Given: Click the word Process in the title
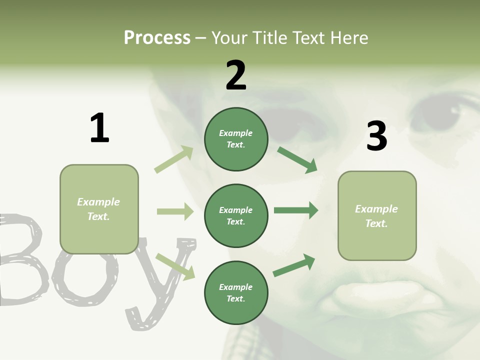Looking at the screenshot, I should coord(157,37).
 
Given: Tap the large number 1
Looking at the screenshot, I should coord(99,128).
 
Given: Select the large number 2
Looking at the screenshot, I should coord(236,75).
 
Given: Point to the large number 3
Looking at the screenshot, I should coord(376,136).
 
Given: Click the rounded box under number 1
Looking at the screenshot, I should coord(99,209).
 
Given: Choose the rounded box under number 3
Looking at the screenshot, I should coord(377,215).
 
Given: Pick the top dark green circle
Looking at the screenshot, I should coord(236,139).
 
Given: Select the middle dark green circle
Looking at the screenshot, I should coord(236,215).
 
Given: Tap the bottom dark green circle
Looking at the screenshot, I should coord(236,292).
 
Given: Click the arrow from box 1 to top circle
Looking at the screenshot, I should coord(174,159).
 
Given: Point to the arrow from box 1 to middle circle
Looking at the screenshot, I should coord(175,211).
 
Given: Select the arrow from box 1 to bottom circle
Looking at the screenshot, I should coord(175,266).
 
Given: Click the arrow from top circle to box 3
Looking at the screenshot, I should coord(297,159).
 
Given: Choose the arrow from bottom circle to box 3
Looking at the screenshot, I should coord(294,265).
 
